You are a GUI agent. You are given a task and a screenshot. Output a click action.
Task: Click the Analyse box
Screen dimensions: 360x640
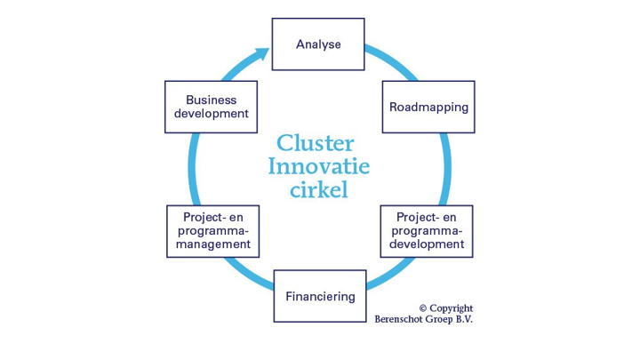click(317, 44)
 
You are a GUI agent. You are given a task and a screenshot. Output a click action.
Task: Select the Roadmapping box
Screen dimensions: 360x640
click(428, 107)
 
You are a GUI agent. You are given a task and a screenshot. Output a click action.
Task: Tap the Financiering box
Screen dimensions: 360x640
click(319, 296)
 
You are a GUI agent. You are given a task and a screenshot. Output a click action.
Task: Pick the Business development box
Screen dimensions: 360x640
click(211, 107)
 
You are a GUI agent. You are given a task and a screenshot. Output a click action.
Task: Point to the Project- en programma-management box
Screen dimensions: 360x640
click(211, 230)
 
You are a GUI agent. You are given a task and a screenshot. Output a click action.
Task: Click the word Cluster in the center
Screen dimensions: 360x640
click(316, 143)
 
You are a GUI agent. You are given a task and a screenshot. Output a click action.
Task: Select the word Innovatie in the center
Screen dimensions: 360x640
click(319, 166)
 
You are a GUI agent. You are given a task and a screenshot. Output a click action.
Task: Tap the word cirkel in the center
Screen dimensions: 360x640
click(319, 189)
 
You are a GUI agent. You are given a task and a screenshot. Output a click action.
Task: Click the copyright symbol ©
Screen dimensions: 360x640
click(423, 308)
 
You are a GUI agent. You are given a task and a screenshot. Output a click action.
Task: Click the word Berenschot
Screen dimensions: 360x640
click(401, 320)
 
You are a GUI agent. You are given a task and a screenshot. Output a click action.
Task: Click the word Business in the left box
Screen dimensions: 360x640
click(211, 100)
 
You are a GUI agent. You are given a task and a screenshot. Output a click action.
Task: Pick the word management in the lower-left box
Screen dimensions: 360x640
click(211, 244)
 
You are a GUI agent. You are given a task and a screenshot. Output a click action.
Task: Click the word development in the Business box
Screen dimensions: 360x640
click(211, 114)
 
